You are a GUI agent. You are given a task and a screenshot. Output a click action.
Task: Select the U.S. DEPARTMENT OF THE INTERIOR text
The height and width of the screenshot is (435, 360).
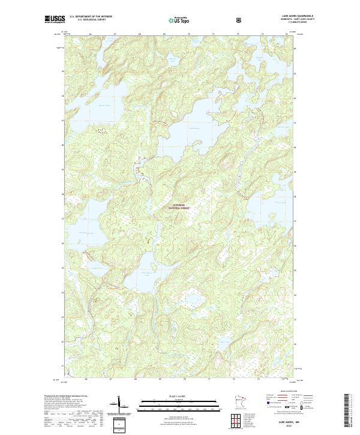pyautogui.click(x=91, y=17)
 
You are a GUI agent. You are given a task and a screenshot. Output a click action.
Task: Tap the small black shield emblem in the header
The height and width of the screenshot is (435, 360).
pyautogui.click(x=239, y=20)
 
